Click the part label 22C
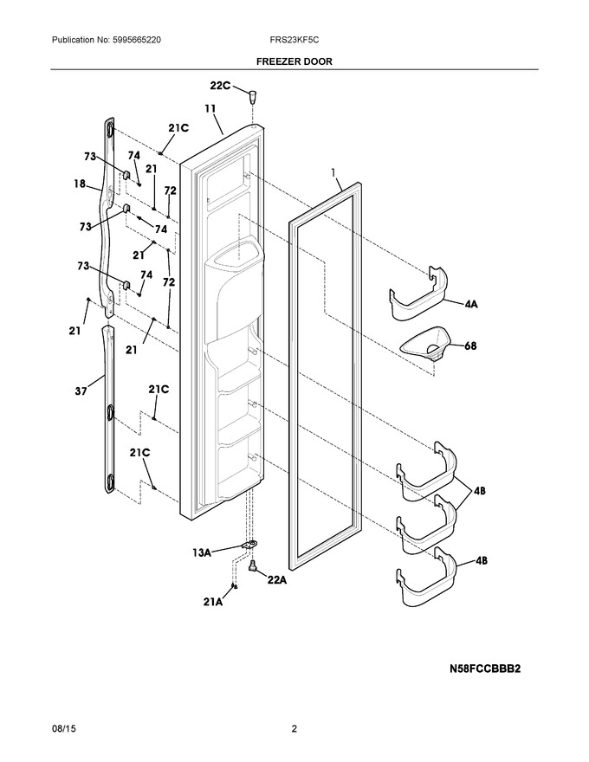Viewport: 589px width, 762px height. pyautogui.click(x=220, y=86)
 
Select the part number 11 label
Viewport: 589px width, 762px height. pyautogui.click(x=210, y=108)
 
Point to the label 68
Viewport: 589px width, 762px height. pyautogui.click(x=470, y=346)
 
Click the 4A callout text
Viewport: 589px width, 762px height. pyautogui.click(x=471, y=305)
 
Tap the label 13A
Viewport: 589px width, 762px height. pyautogui.click(x=201, y=552)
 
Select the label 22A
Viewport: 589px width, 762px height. pyautogui.click(x=276, y=580)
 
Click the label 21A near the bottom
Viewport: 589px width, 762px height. pyautogui.click(x=212, y=602)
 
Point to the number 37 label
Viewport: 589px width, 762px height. pyautogui.click(x=81, y=391)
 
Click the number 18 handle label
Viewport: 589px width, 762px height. pyautogui.click(x=80, y=184)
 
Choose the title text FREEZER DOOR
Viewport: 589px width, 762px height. pyautogui.click(x=294, y=61)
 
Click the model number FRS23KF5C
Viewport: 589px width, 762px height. pyautogui.click(x=294, y=40)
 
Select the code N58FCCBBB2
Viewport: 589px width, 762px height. pyautogui.click(x=484, y=668)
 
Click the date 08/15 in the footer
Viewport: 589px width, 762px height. pyautogui.click(x=60, y=729)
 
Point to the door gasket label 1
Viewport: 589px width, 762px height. pyautogui.click(x=333, y=172)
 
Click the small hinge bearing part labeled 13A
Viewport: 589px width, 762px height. pyautogui.click(x=249, y=546)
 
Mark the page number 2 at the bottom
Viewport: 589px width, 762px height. pyautogui.click(x=294, y=729)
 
